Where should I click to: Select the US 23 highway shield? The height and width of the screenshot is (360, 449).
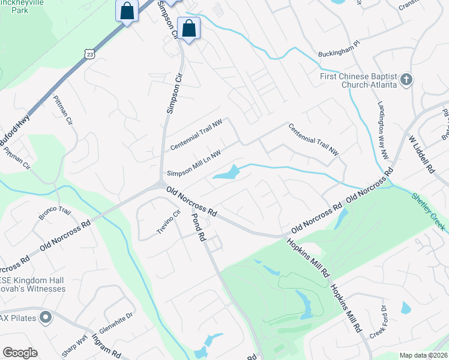coord(89,54)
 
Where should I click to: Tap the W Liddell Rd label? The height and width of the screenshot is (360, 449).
coord(420,154)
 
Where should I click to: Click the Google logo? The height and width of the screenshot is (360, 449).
coord(20,353)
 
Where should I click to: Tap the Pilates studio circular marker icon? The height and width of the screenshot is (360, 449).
coord(45,317)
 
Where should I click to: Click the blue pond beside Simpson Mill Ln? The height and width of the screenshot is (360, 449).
coord(226,173)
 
